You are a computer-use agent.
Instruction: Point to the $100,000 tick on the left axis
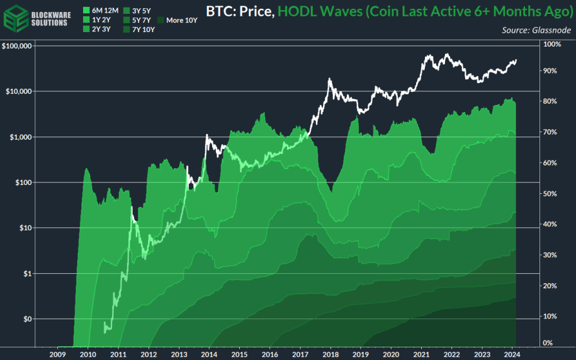18,46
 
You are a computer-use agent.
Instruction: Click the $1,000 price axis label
21,137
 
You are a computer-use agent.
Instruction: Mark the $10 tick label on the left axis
25,228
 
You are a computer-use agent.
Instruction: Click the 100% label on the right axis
551,44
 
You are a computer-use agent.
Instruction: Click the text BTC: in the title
220,11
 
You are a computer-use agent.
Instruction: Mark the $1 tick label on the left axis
27,273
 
